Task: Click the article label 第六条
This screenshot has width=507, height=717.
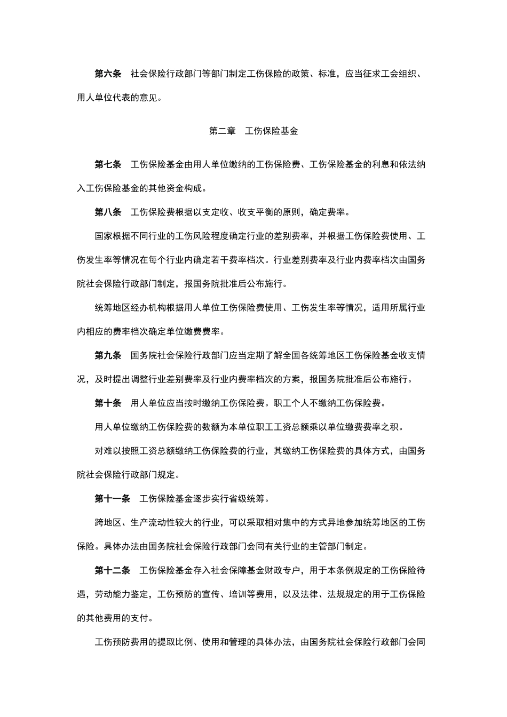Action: tap(108, 74)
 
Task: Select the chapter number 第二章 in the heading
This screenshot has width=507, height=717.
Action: tap(222, 131)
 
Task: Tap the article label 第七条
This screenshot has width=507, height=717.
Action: tap(108, 164)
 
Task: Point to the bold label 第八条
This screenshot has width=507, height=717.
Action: tap(108, 212)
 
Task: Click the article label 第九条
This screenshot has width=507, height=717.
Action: tap(108, 355)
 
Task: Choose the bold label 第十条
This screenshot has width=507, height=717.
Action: tap(108, 403)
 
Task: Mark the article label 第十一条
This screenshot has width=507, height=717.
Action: tap(113, 499)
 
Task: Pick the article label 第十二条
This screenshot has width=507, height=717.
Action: tap(113, 570)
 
